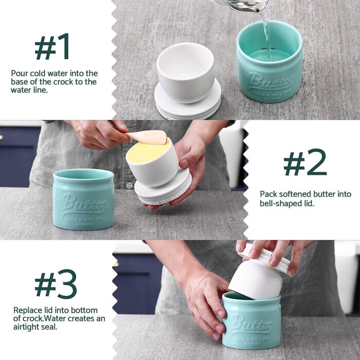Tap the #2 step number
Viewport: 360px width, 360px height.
click(305, 162)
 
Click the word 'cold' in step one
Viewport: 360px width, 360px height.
click(38, 74)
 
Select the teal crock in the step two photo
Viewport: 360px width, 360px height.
click(83, 199)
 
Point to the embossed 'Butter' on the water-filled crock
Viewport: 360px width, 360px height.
click(271, 82)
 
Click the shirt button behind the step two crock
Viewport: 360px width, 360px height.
click(129, 185)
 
